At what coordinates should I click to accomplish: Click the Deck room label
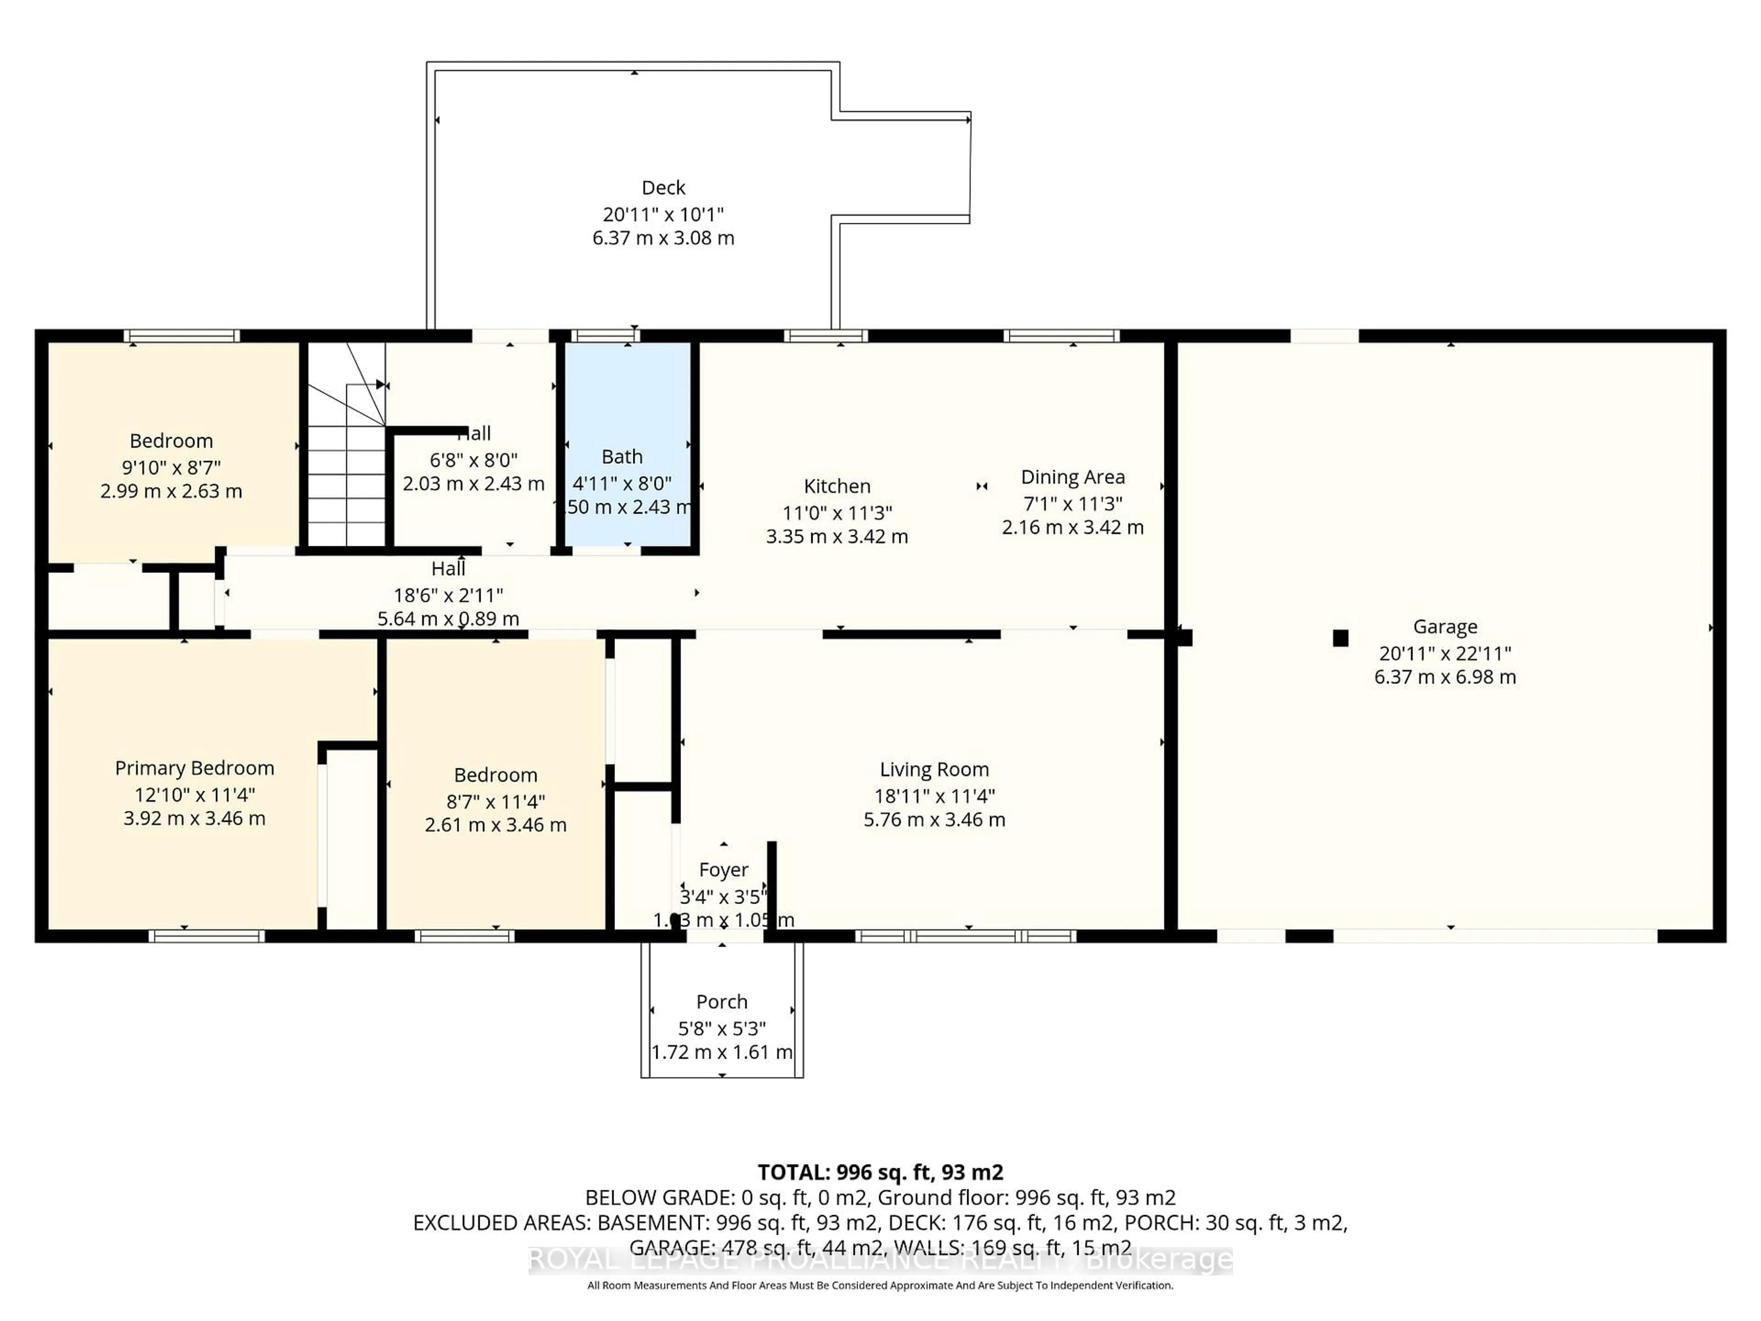[663, 188]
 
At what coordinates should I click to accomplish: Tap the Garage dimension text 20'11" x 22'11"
[1445, 654]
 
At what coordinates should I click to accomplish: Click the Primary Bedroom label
[194, 768]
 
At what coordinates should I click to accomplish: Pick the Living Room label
[934, 770]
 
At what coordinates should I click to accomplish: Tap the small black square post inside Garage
[1340, 638]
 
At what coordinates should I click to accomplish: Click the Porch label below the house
[722, 1002]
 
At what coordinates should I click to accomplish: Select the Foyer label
[723, 870]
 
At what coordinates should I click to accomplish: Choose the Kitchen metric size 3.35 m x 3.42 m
[837, 537]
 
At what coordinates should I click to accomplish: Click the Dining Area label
[1072, 478]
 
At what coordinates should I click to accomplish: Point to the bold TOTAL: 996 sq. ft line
[880, 1172]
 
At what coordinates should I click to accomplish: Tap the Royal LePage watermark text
[880, 1260]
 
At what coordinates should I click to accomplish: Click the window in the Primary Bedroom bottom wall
[206, 937]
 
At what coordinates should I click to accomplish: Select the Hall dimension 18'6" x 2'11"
[448, 595]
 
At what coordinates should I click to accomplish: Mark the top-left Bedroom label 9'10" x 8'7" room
[171, 441]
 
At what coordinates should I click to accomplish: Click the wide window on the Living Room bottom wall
[966, 937]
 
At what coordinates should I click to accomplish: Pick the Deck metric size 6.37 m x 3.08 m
[663, 238]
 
